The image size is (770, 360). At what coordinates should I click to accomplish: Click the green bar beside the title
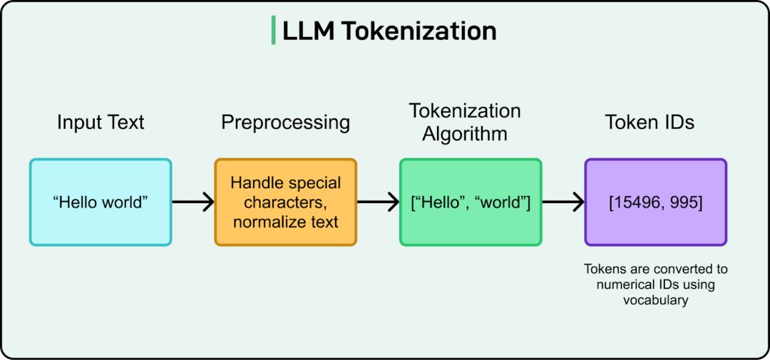pos(273,31)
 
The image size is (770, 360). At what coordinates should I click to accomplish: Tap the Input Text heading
pos(101,123)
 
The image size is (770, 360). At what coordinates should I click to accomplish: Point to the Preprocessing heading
pos(285,123)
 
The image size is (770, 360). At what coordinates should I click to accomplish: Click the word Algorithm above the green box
pos(465,134)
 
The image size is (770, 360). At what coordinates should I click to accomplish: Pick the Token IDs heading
pos(650,123)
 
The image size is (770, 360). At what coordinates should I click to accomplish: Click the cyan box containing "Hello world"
pos(101,202)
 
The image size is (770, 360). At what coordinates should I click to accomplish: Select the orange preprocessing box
pos(285,202)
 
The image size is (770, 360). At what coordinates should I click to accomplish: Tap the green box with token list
pos(471,202)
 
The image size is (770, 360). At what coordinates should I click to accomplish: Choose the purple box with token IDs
pos(656,202)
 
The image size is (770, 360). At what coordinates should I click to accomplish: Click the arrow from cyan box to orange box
pos(193,202)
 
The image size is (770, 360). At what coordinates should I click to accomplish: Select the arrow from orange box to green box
pos(378,202)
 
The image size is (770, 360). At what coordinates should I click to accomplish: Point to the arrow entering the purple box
pos(563,202)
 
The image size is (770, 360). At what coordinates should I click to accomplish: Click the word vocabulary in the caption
pos(656,301)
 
